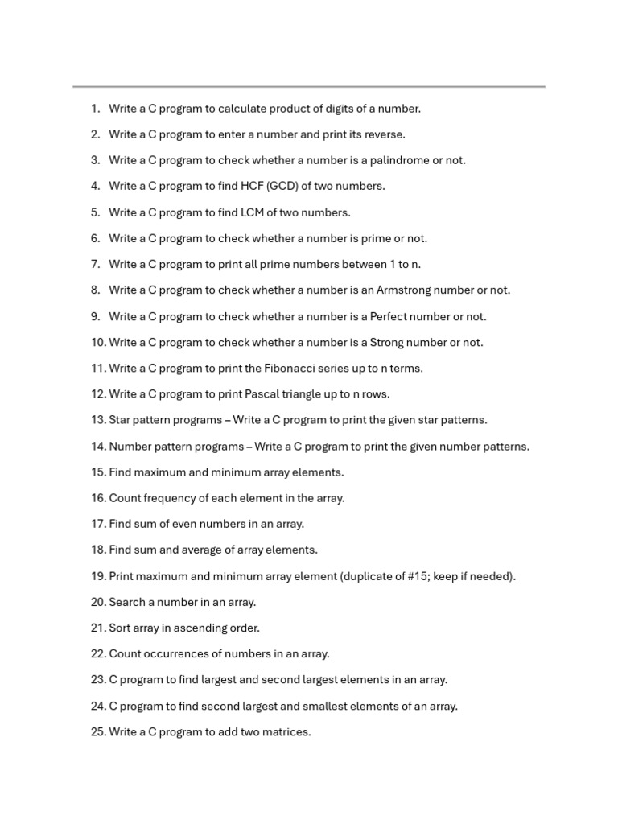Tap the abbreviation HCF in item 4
click(x=251, y=186)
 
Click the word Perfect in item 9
click(x=390, y=316)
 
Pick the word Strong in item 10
click(x=386, y=342)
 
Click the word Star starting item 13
click(x=120, y=420)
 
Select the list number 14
click(x=98, y=447)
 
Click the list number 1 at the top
click(x=95, y=109)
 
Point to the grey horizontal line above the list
click(x=309, y=86)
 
